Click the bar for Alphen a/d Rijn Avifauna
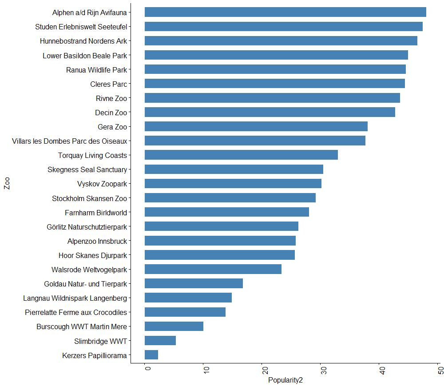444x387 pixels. pyautogui.click(x=285, y=12)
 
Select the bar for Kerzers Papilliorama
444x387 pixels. pyautogui.click(x=151, y=355)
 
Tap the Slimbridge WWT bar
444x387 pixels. pyautogui.click(x=160, y=341)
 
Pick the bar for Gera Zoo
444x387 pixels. pyautogui.click(x=256, y=127)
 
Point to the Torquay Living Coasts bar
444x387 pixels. pyautogui.click(x=241, y=155)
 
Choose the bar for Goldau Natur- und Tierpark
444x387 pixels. pyautogui.click(x=194, y=284)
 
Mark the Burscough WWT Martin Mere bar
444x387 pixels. pyautogui.click(x=174, y=327)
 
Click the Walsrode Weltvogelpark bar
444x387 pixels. pyautogui.click(x=213, y=270)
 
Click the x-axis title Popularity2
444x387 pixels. pyautogui.click(x=285, y=381)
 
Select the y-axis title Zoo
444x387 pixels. pyautogui.click(x=7, y=184)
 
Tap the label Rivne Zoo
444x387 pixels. pyautogui.click(x=111, y=98)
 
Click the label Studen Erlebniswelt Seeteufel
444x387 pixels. pyautogui.click(x=81, y=27)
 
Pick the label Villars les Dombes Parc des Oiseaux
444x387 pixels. pyautogui.click(x=70, y=141)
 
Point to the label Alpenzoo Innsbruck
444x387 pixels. pyautogui.click(x=97, y=241)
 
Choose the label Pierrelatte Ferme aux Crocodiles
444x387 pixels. pyautogui.click(x=75, y=312)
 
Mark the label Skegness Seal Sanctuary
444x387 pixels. pyautogui.click(x=87, y=169)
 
